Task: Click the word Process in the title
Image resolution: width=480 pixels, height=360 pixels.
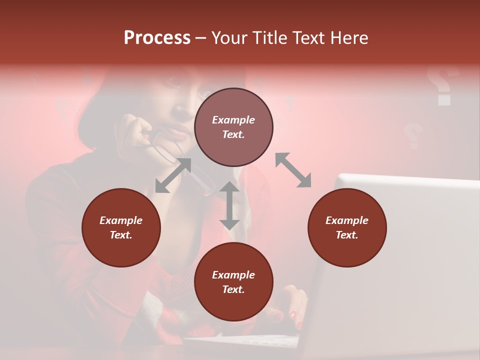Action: click(x=157, y=38)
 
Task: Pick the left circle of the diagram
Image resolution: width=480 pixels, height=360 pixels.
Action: click(x=121, y=227)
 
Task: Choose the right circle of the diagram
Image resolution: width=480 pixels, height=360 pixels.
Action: click(x=347, y=227)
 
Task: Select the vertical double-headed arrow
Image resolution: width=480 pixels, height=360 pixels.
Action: click(x=229, y=205)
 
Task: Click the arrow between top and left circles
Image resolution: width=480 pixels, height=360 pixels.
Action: click(x=173, y=175)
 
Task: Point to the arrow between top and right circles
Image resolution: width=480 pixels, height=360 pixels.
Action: click(x=293, y=170)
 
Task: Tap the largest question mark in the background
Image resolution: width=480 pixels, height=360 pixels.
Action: click(x=442, y=85)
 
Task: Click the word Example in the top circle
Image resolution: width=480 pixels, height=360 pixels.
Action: click(x=233, y=120)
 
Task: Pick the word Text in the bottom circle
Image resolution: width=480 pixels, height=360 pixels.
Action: click(x=232, y=289)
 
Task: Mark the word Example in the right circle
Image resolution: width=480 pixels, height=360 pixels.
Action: click(x=347, y=220)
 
